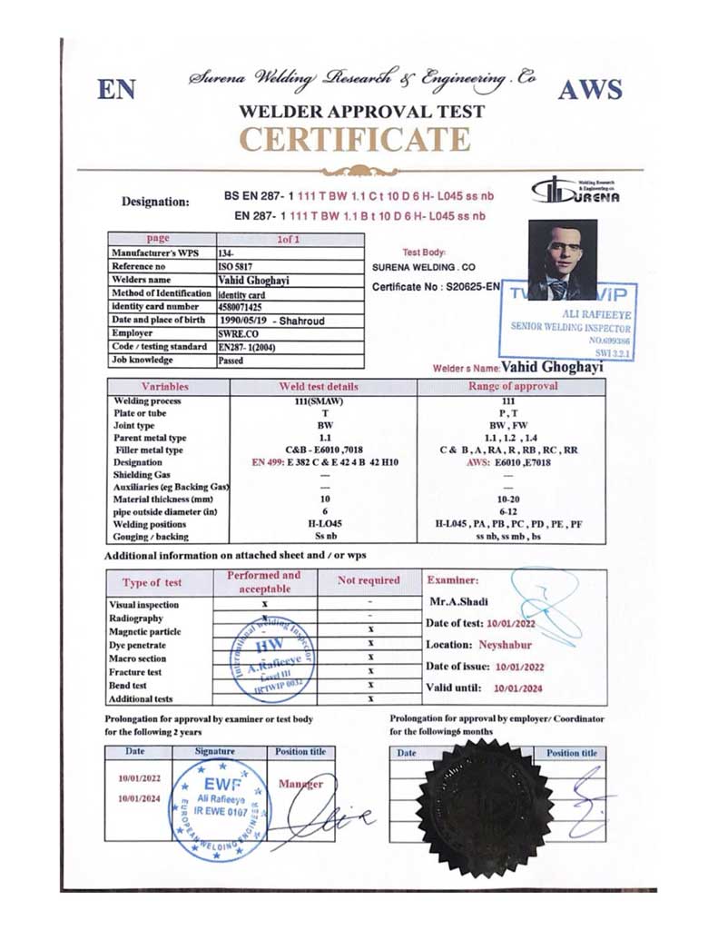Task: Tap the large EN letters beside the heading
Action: point(117,89)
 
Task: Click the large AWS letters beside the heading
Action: point(590,89)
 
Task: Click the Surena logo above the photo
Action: point(575,192)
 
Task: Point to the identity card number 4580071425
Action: point(246,307)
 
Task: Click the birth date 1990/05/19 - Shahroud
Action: point(271,321)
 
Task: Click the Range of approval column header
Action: point(511,387)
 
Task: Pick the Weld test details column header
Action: point(324,387)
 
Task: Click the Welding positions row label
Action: point(150,524)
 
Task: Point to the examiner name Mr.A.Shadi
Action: point(457,601)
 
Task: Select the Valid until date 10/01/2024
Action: point(517,688)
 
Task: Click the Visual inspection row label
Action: point(144,604)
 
